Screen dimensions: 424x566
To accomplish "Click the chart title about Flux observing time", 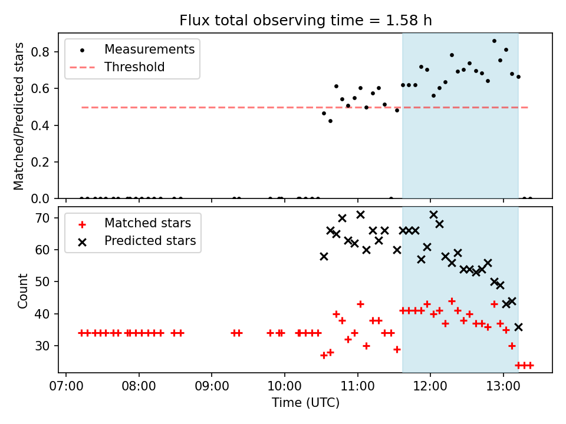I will click(x=305, y=21).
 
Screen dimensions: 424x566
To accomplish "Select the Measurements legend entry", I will click(x=149, y=49).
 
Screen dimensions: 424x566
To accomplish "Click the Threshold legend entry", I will click(x=134, y=67).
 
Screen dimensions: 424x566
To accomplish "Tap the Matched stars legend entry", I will click(x=147, y=223).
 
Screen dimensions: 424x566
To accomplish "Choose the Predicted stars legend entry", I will click(x=150, y=241).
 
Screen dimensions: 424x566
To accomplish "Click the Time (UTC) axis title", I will click(x=305, y=403).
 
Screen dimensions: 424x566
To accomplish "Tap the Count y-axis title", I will click(x=22, y=290).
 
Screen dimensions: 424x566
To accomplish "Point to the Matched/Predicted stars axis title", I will click(x=19, y=116).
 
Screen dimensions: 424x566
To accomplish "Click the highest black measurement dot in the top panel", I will click(x=494, y=41).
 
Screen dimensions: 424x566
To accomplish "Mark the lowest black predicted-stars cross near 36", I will click(x=518, y=327).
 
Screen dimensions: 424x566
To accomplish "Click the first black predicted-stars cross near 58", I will click(x=324, y=256).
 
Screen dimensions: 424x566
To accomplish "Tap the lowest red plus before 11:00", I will click(x=324, y=355).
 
